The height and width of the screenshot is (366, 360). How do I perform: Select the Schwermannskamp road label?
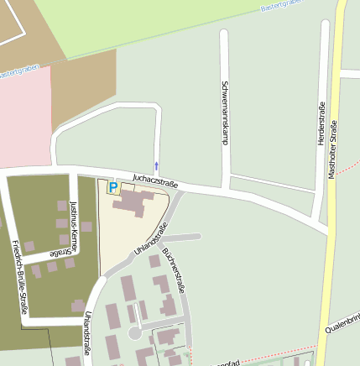[x=225, y=112]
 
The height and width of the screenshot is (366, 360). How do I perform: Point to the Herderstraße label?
[x=321, y=123]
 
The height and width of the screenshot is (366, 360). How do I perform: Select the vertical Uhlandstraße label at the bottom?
[x=87, y=333]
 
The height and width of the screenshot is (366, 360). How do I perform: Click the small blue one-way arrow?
[x=156, y=165]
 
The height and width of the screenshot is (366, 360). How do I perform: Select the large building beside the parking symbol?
[x=133, y=202]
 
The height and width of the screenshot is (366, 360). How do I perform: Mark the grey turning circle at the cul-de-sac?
[x=134, y=333]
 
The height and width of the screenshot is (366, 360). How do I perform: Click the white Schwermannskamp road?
[x=224, y=67]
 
